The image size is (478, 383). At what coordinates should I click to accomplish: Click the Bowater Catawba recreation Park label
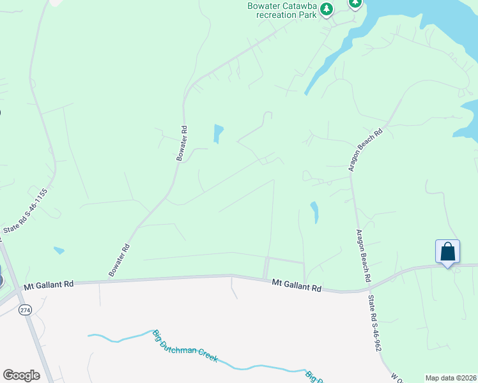(x=282, y=10)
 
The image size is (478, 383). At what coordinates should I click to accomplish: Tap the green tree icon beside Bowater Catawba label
(x=327, y=9)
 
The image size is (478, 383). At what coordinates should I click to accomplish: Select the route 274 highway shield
(x=25, y=310)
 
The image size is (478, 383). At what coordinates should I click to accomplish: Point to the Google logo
(x=21, y=375)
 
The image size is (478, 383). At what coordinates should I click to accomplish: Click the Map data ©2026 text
(x=451, y=378)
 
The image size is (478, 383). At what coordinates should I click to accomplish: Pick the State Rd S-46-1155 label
(x=26, y=211)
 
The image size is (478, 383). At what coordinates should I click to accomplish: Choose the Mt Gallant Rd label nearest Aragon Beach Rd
(x=296, y=285)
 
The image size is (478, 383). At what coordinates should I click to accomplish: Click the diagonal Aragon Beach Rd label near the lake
(x=365, y=149)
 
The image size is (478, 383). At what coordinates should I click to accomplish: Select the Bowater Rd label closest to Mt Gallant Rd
(x=119, y=260)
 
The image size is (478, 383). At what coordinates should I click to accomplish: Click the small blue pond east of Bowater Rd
(x=219, y=133)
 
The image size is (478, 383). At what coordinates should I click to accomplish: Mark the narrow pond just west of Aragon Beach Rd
(x=314, y=212)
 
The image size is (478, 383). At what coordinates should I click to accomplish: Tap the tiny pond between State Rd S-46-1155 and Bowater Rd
(x=59, y=250)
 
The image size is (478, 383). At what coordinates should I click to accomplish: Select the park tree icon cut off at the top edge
(x=355, y=3)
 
